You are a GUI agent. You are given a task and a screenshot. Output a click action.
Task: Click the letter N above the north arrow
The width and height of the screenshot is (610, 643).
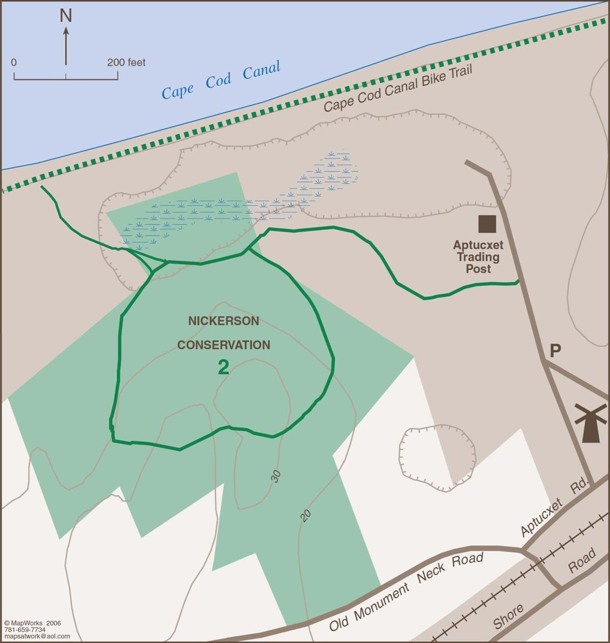66,16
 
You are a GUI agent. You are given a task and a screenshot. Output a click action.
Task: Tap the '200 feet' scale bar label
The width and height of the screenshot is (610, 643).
126,63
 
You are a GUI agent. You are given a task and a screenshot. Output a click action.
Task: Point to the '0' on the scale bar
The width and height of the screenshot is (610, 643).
14,63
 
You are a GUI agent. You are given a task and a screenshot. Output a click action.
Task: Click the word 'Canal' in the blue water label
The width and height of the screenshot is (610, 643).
261,71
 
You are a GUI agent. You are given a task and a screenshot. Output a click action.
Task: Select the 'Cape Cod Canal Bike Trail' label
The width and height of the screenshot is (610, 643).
398,89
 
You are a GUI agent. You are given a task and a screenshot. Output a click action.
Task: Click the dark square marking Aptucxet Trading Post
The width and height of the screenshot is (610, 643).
487,224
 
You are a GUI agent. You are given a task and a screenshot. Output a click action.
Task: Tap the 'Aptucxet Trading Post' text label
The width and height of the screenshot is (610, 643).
478,257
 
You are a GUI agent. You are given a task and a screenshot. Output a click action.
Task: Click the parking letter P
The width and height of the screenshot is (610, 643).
555,351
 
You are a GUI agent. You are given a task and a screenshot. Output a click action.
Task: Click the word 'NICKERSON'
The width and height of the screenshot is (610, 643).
224,321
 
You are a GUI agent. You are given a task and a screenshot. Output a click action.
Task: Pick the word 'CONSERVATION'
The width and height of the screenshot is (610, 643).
224,345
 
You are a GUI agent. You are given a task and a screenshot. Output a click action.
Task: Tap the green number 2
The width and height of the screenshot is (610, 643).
223,367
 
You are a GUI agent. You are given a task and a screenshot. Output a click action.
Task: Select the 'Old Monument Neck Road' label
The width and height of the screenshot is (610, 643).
406,592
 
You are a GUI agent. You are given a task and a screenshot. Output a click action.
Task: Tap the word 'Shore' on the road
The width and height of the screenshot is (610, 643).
508,617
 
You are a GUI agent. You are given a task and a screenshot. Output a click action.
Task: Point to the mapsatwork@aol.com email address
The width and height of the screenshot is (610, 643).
36,636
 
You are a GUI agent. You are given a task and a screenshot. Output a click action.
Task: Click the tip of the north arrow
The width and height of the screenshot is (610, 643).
66,29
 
